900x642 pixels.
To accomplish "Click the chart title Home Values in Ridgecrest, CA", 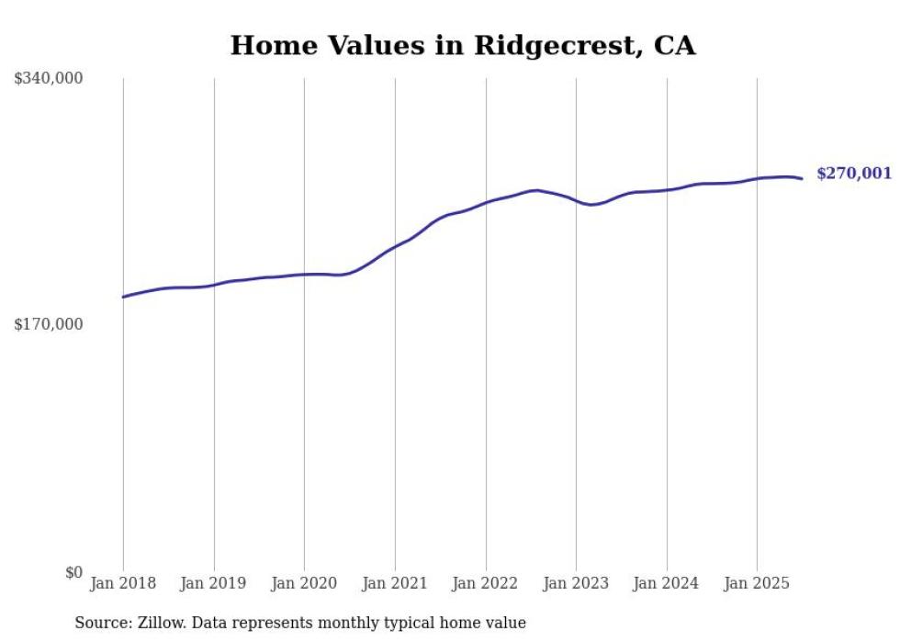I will pyautogui.click(x=462, y=45).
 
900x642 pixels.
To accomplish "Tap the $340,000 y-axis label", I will pyautogui.click(x=49, y=79).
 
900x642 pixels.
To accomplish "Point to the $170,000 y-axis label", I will pyautogui.click(x=49, y=324).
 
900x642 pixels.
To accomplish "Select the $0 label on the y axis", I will pyautogui.click(x=73, y=572).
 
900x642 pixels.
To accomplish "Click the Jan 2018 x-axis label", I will pyautogui.click(x=123, y=583).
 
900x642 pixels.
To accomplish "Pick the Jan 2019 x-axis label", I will pyautogui.click(x=214, y=583).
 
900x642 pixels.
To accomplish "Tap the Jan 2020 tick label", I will pyautogui.click(x=304, y=583).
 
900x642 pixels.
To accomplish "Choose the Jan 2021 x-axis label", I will pyautogui.click(x=395, y=583).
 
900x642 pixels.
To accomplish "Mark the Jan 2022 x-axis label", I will pyautogui.click(x=486, y=583).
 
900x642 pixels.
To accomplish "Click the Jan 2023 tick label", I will pyautogui.click(x=576, y=583).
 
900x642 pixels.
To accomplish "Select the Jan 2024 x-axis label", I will pyautogui.click(x=667, y=583).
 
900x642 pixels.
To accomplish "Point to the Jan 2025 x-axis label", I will pyautogui.click(x=757, y=583).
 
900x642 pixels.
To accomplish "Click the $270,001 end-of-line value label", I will pyautogui.click(x=853, y=174).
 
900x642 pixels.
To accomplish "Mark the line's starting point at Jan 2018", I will pyautogui.click(x=123, y=297).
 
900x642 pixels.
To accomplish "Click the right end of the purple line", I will pyautogui.click(x=802, y=178).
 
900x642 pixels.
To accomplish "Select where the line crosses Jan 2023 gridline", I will pyautogui.click(x=576, y=200).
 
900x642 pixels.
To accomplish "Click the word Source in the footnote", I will pyautogui.click(x=99, y=623).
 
